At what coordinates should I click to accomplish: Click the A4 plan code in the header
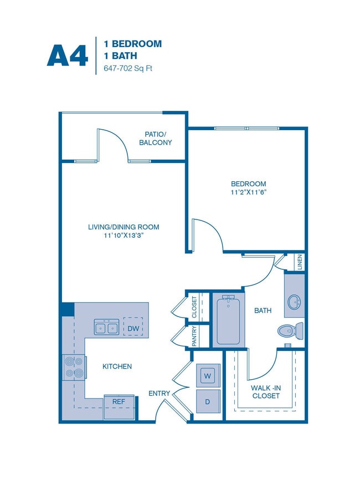pyautogui.click(x=68, y=54)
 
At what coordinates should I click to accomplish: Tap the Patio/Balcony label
pyautogui.click(x=156, y=138)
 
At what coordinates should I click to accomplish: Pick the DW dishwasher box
pyautogui.click(x=132, y=328)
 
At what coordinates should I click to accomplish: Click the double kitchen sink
pyautogui.click(x=106, y=328)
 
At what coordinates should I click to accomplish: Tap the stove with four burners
pyautogui.click(x=74, y=367)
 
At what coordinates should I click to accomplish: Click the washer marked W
pyautogui.click(x=208, y=375)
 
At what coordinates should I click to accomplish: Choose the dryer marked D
pyautogui.click(x=208, y=401)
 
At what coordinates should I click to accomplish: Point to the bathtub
pyautogui.click(x=228, y=320)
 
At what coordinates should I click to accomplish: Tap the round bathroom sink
pyautogui.click(x=294, y=302)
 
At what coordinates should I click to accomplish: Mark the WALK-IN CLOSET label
pyautogui.click(x=264, y=391)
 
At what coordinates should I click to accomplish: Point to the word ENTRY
pyautogui.click(x=159, y=394)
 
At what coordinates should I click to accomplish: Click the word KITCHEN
pyautogui.click(x=117, y=366)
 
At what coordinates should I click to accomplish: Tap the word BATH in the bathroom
pyautogui.click(x=263, y=310)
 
